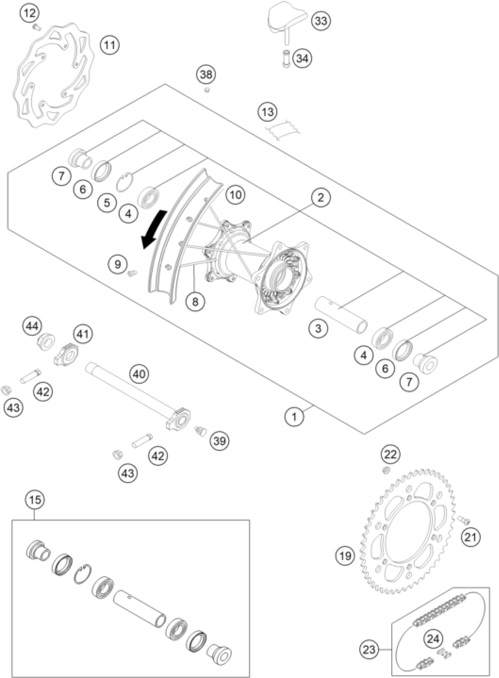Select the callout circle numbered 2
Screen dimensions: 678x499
click(x=321, y=198)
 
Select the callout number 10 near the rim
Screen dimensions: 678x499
click(x=236, y=195)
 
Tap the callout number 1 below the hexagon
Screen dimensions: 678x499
click(x=294, y=417)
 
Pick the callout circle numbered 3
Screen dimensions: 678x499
click(x=318, y=328)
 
